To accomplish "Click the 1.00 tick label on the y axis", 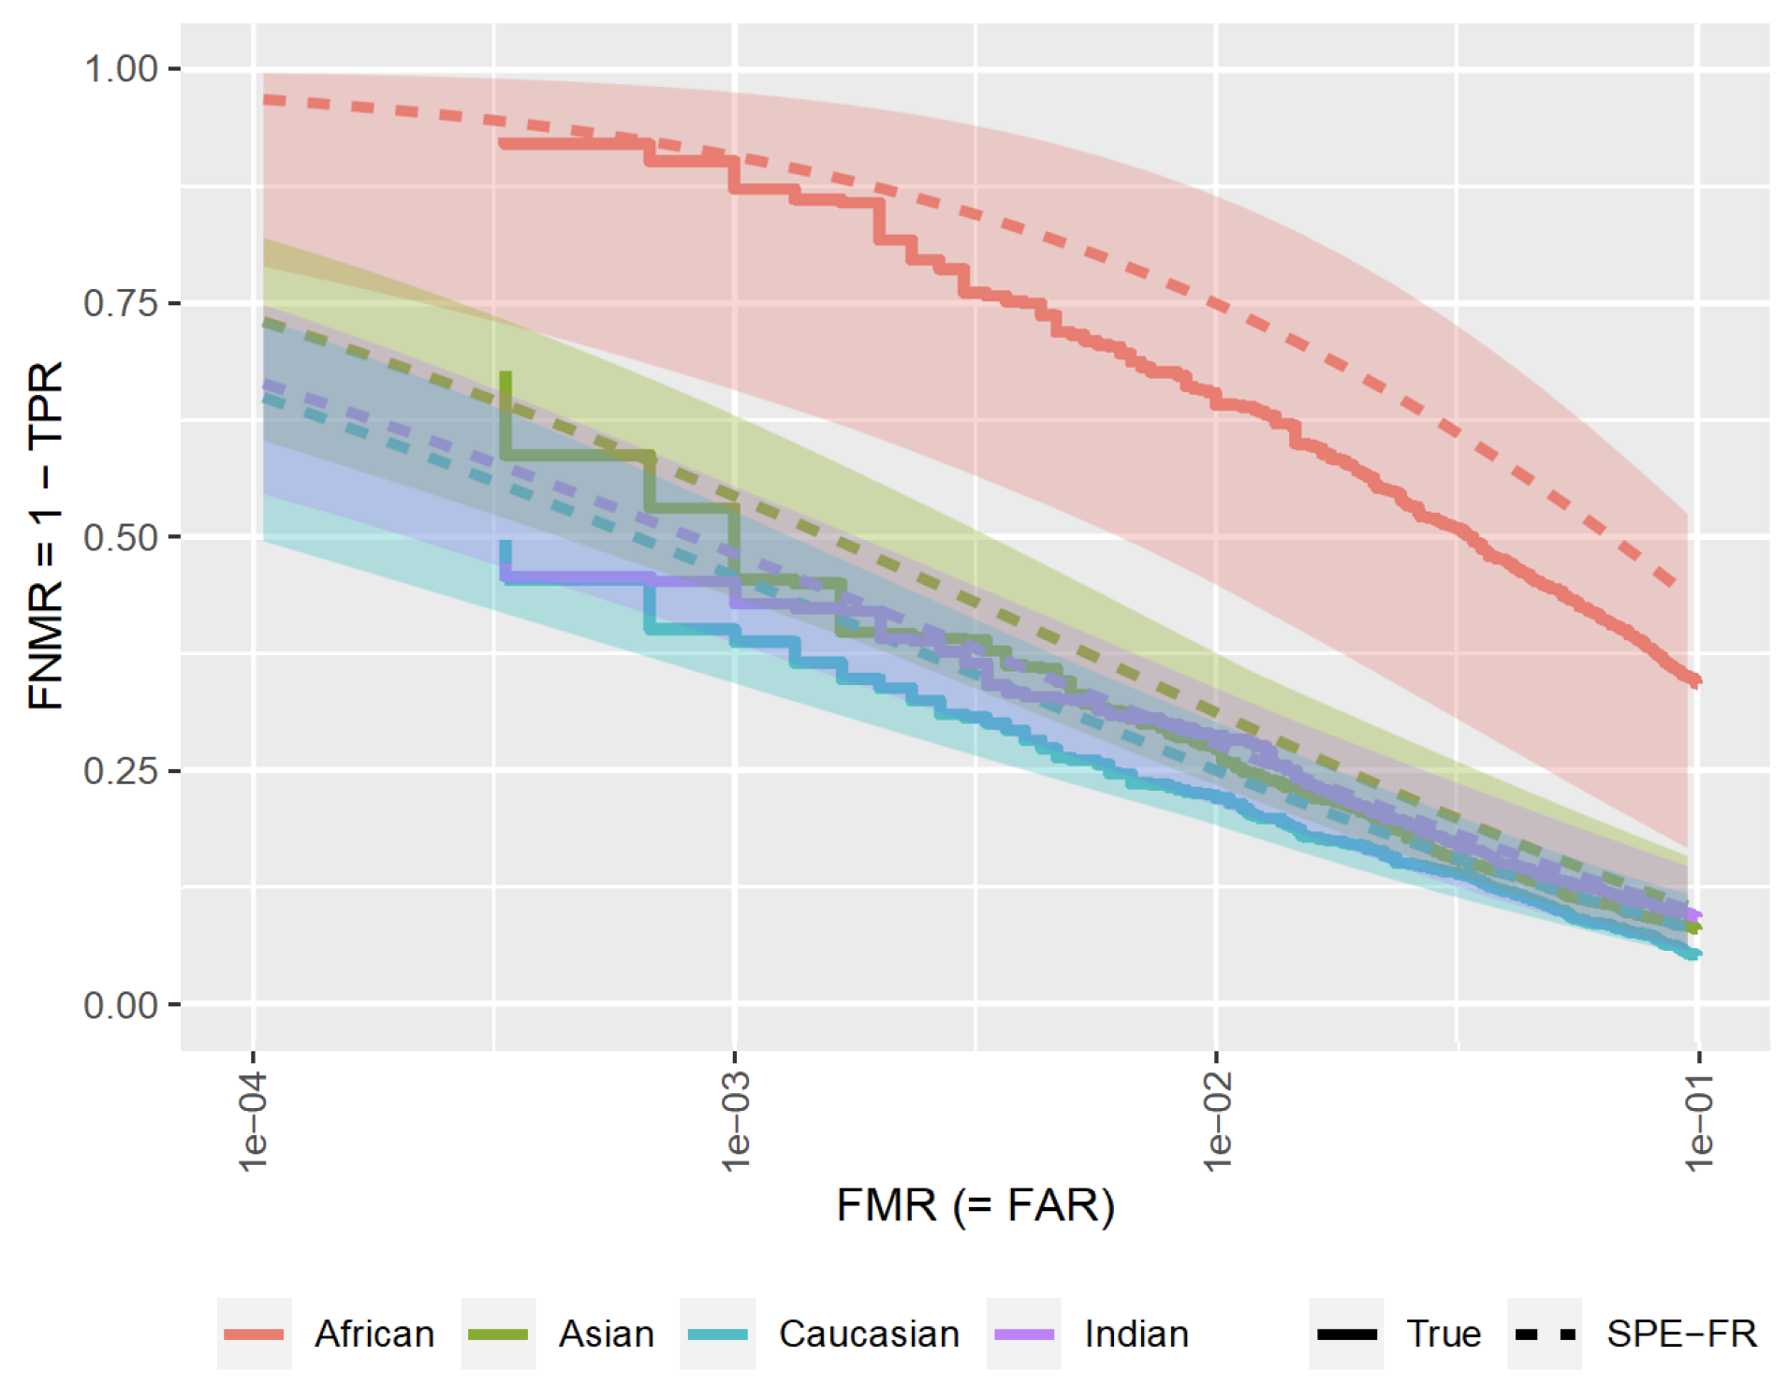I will coord(121,69).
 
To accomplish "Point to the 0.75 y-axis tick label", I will coord(121,303).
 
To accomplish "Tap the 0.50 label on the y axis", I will coord(121,537).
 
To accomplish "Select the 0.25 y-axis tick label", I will coord(121,771).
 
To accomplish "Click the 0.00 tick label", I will coord(121,1005).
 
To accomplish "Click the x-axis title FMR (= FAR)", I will coord(975,1205).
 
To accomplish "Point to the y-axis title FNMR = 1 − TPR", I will coord(45,535).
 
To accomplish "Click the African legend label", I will coord(374,1334).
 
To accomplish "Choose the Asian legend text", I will coord(607,1334).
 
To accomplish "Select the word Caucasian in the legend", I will coord(869,1334).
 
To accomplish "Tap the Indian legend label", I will coord(1136,1334).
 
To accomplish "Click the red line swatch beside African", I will coord(255,1334).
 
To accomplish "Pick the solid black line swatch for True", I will coord(1346,1334).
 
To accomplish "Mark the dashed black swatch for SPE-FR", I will coord(1545,1334).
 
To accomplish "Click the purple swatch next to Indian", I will coord(1023,1334).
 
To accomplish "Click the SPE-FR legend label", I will coord(1681,1334).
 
